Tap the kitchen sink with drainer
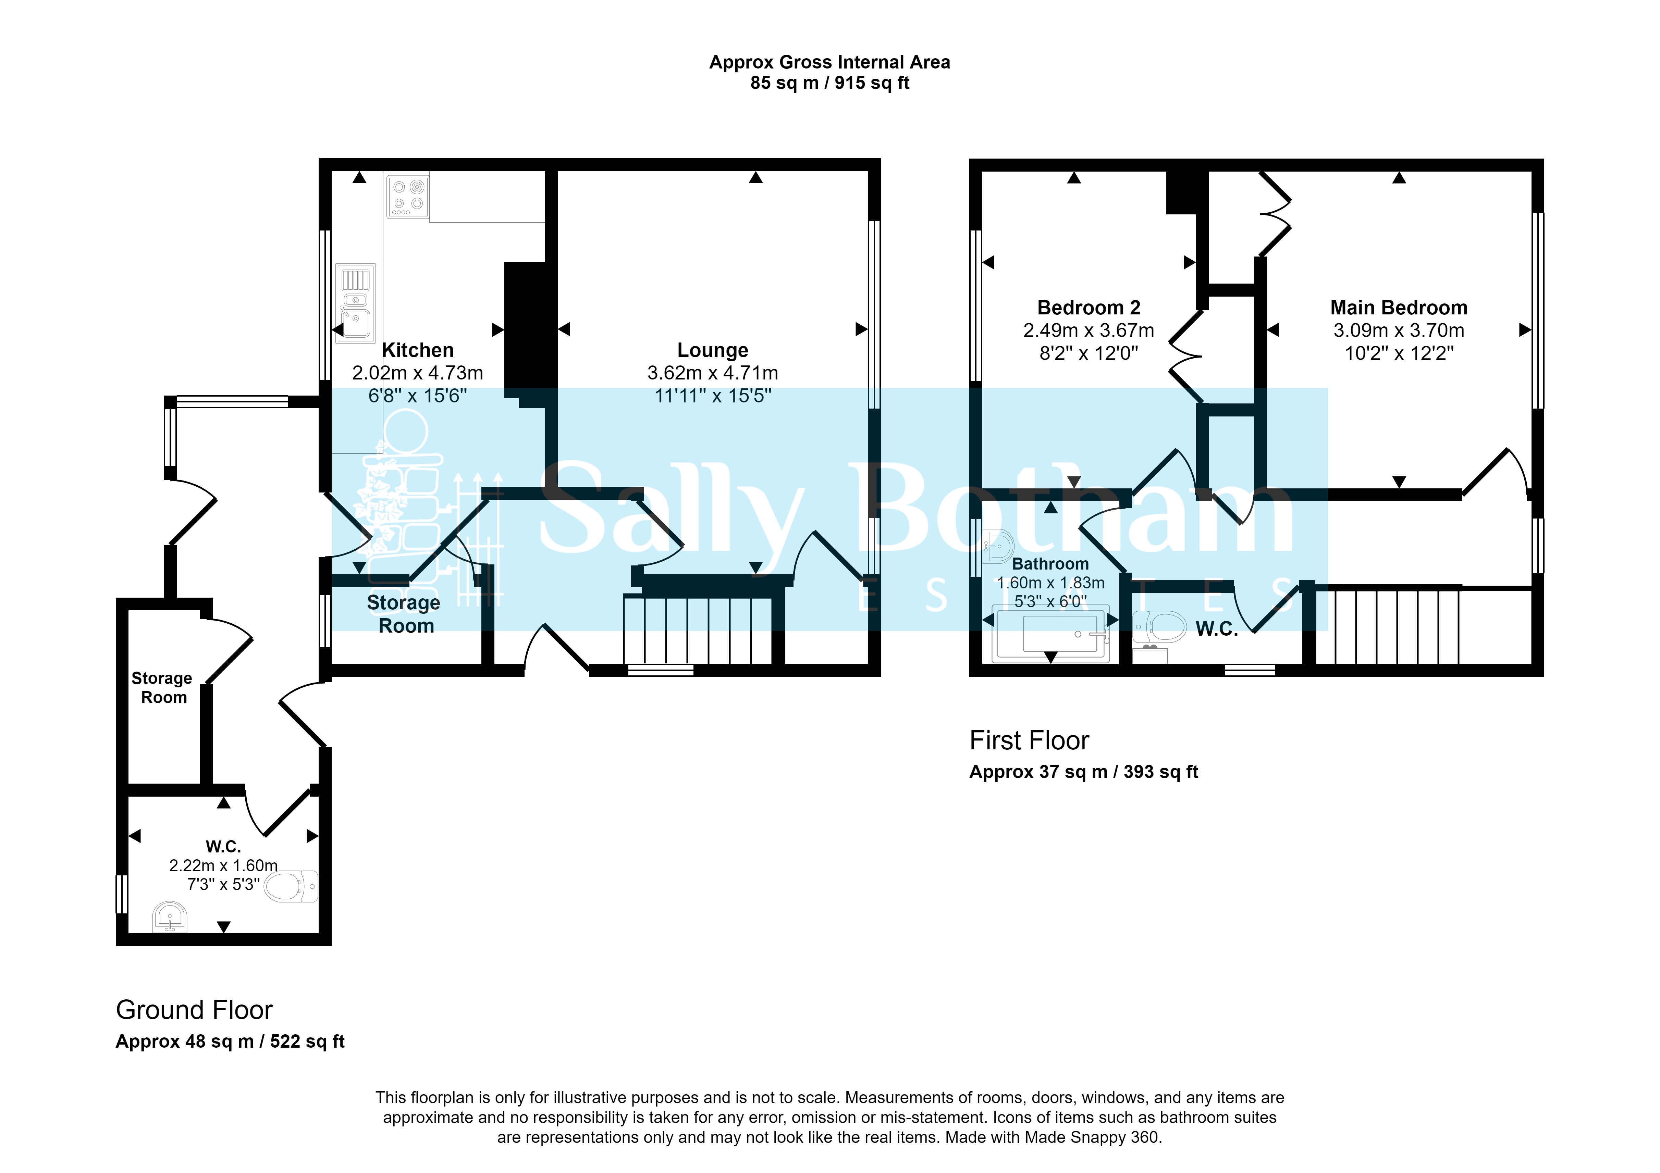click(356, 302)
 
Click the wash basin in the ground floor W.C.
click(170, 917)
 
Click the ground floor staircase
click(698, 629)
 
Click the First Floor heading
click(1029, 740)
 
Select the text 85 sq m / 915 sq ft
click(829, 83)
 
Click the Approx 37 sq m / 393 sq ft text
click(1083, 772)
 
